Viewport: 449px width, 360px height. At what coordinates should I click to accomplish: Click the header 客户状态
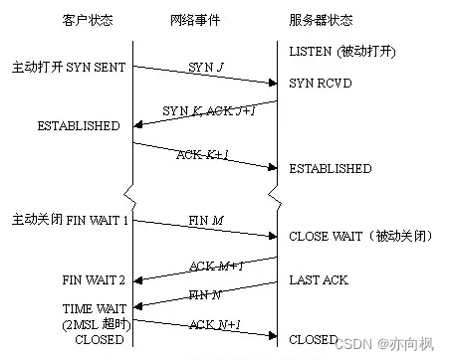87,19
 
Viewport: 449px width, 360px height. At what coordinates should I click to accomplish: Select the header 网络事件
206,19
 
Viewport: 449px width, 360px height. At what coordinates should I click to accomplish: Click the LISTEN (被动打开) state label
339,50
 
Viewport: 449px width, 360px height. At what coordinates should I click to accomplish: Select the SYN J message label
206,66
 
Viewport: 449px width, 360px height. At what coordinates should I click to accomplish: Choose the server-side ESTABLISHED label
331,169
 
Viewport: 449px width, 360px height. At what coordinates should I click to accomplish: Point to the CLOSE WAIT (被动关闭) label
348,236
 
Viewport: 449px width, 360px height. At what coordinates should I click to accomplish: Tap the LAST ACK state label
319,280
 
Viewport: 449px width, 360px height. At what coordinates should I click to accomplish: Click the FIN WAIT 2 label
94,279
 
